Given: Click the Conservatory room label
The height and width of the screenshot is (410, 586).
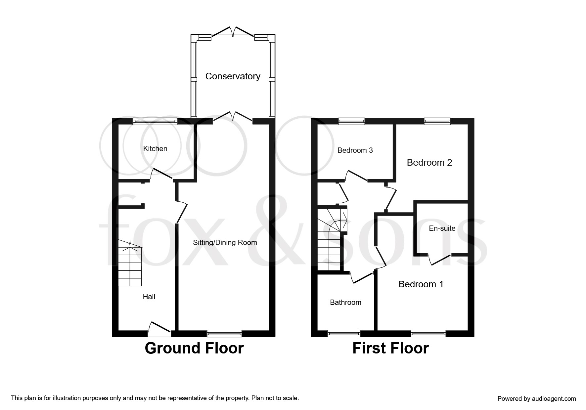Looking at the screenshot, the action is [233, 76].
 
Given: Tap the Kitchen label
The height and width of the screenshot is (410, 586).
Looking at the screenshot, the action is [155, 149].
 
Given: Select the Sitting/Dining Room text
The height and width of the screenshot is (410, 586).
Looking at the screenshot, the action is [225, 243].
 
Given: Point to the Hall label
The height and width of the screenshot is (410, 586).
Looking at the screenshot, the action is [149, 297].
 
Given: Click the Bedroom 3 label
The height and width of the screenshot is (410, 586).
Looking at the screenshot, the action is [355, 150].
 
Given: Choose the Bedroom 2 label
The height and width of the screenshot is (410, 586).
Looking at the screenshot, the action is [429, 163].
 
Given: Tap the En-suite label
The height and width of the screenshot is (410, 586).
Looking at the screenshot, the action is [442, 228].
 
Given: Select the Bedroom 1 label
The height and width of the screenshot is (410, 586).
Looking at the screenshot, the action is [421, 284].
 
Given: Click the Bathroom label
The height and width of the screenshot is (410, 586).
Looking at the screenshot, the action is [346, 303].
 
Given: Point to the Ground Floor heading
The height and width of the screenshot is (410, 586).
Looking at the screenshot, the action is [194, 348].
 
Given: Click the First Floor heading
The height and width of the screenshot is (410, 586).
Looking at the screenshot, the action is [390, 348].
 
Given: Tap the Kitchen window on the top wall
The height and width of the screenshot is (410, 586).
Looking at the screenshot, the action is [155, 122].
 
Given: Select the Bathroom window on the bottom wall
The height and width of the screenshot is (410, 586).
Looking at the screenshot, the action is [344, 334].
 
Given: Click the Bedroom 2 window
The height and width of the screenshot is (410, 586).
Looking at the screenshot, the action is [437, 122].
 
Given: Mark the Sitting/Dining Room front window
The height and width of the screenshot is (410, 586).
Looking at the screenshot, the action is [224, 334].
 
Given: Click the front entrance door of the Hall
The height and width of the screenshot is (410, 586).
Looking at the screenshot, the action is [159, 329].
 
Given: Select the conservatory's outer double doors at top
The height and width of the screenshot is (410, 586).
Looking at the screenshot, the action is [233, 32].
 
